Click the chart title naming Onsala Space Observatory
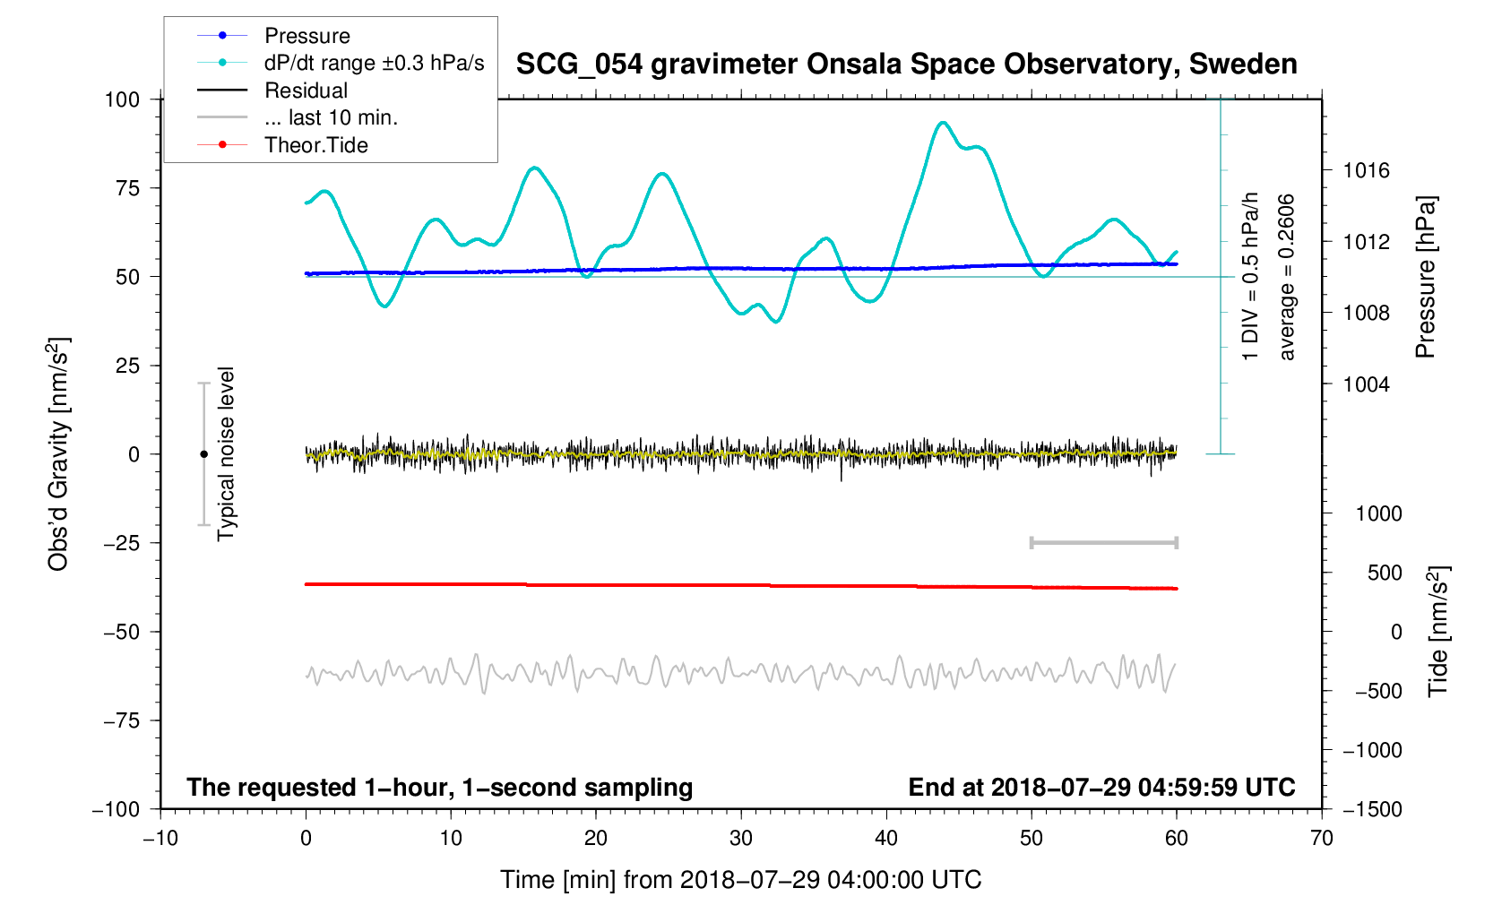tap(906, 65)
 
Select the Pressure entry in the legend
tap(306, 36)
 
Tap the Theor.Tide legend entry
tap(315, 145)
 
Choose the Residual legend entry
tap(306, 91)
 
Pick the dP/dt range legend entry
tap(374, 63)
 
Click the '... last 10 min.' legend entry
tap(331, 117)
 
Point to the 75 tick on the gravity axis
tap(128, 188)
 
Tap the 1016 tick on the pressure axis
tap(1366, 170)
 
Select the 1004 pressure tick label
tap(1366, 384)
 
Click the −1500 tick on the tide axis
tap(1372, 809)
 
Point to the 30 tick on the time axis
tap(741, 839)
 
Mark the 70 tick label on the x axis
tap(1321, 839)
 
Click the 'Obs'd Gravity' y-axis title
tap(59, 454)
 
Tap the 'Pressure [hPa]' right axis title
tap(1425, 278)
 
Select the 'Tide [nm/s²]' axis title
tap(1438, 631)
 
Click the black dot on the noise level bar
tap(203, 454)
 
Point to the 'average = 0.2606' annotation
tap(1287, 277)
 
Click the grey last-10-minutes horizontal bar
tap(1103, 543)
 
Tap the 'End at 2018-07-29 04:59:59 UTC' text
tap(1101, 788)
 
